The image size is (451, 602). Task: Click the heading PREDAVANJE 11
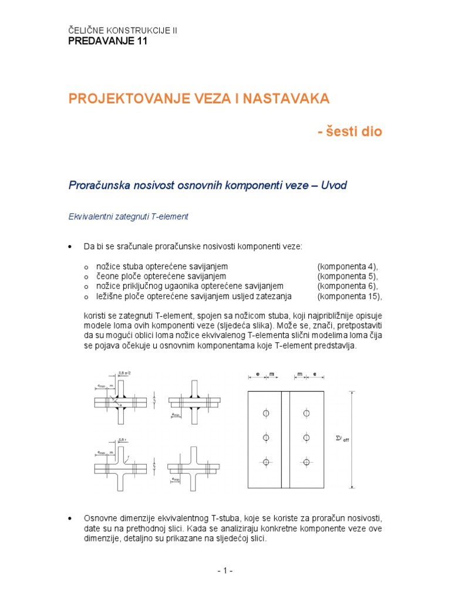tap(108, 41)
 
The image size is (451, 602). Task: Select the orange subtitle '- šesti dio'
tap(350, 132)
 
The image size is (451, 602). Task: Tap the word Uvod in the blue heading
tap(331, 186)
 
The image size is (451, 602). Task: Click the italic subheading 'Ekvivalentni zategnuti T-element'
tap(129, 216)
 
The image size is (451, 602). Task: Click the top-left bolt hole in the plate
tap(266, 414)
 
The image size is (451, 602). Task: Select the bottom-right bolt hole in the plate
tap(305, 462)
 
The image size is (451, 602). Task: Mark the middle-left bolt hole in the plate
tap(266, 438)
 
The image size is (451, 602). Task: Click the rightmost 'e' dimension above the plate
tap(315, 373)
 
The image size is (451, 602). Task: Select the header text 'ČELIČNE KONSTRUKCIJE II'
tap(123, 31)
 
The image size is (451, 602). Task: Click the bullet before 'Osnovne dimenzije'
tap(71, 518)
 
